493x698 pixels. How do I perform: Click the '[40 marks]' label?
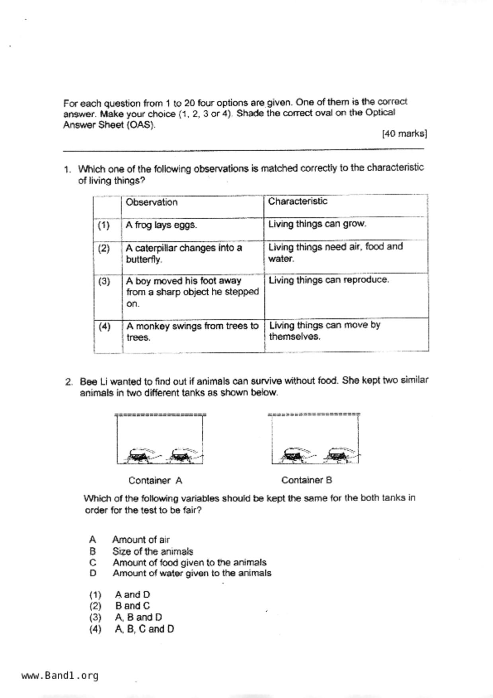pyautogui.click(x=404, y=134)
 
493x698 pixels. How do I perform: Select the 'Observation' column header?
pyautogui.click(x=152, y=202)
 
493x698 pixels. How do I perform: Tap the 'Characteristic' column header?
pyautogui.click(x=298, y=201)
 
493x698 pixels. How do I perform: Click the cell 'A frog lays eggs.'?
pyautogui.click(x=161, y=225)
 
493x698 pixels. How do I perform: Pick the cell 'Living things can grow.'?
pyautogui.click(x=317, y=224)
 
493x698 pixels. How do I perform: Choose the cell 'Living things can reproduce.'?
pyautogui.click(x=329, y=280)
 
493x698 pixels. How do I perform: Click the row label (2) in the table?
pyautogui.click(x=104, y=249)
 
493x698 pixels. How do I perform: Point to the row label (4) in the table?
pyautogui.click(x=105, y=327)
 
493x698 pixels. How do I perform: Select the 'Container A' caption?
pyautogui.click(x=155, y=481)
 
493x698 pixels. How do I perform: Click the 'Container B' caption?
pyautogui.click(x=306, y=480)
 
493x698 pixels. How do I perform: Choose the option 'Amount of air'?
pyautogui.click(x=141, y=540)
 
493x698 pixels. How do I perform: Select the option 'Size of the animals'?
pyautogui.click(x=152, y=552)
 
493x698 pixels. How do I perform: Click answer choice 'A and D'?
pyautogui.click(x=133, y=595)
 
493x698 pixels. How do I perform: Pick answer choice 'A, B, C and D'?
pyautogui.click(x=144, y=629)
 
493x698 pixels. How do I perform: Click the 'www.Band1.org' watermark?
pyautogui.click(x=60, y=676)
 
